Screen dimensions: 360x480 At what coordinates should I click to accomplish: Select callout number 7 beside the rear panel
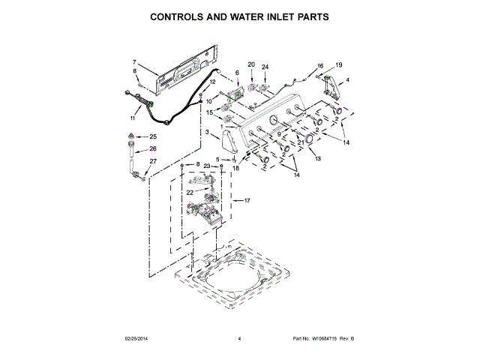134,62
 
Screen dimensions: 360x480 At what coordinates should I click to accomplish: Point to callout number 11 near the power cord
133,118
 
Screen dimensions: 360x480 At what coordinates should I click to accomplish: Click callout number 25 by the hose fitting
152,136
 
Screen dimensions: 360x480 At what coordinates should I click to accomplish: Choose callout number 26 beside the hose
152,148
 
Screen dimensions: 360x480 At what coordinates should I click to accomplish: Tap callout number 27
152,161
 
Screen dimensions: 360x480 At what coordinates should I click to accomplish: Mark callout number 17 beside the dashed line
247,200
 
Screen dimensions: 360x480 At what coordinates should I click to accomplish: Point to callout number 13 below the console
317,159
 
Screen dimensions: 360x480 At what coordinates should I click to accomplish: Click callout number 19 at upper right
338,65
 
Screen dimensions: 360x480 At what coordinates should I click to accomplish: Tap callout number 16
320,66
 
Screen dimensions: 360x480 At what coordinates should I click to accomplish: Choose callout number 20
251,65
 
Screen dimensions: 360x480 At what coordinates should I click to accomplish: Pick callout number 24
265,67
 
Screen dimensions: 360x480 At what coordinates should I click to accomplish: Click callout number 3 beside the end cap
207,133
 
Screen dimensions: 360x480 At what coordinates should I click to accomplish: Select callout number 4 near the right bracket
347,79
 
